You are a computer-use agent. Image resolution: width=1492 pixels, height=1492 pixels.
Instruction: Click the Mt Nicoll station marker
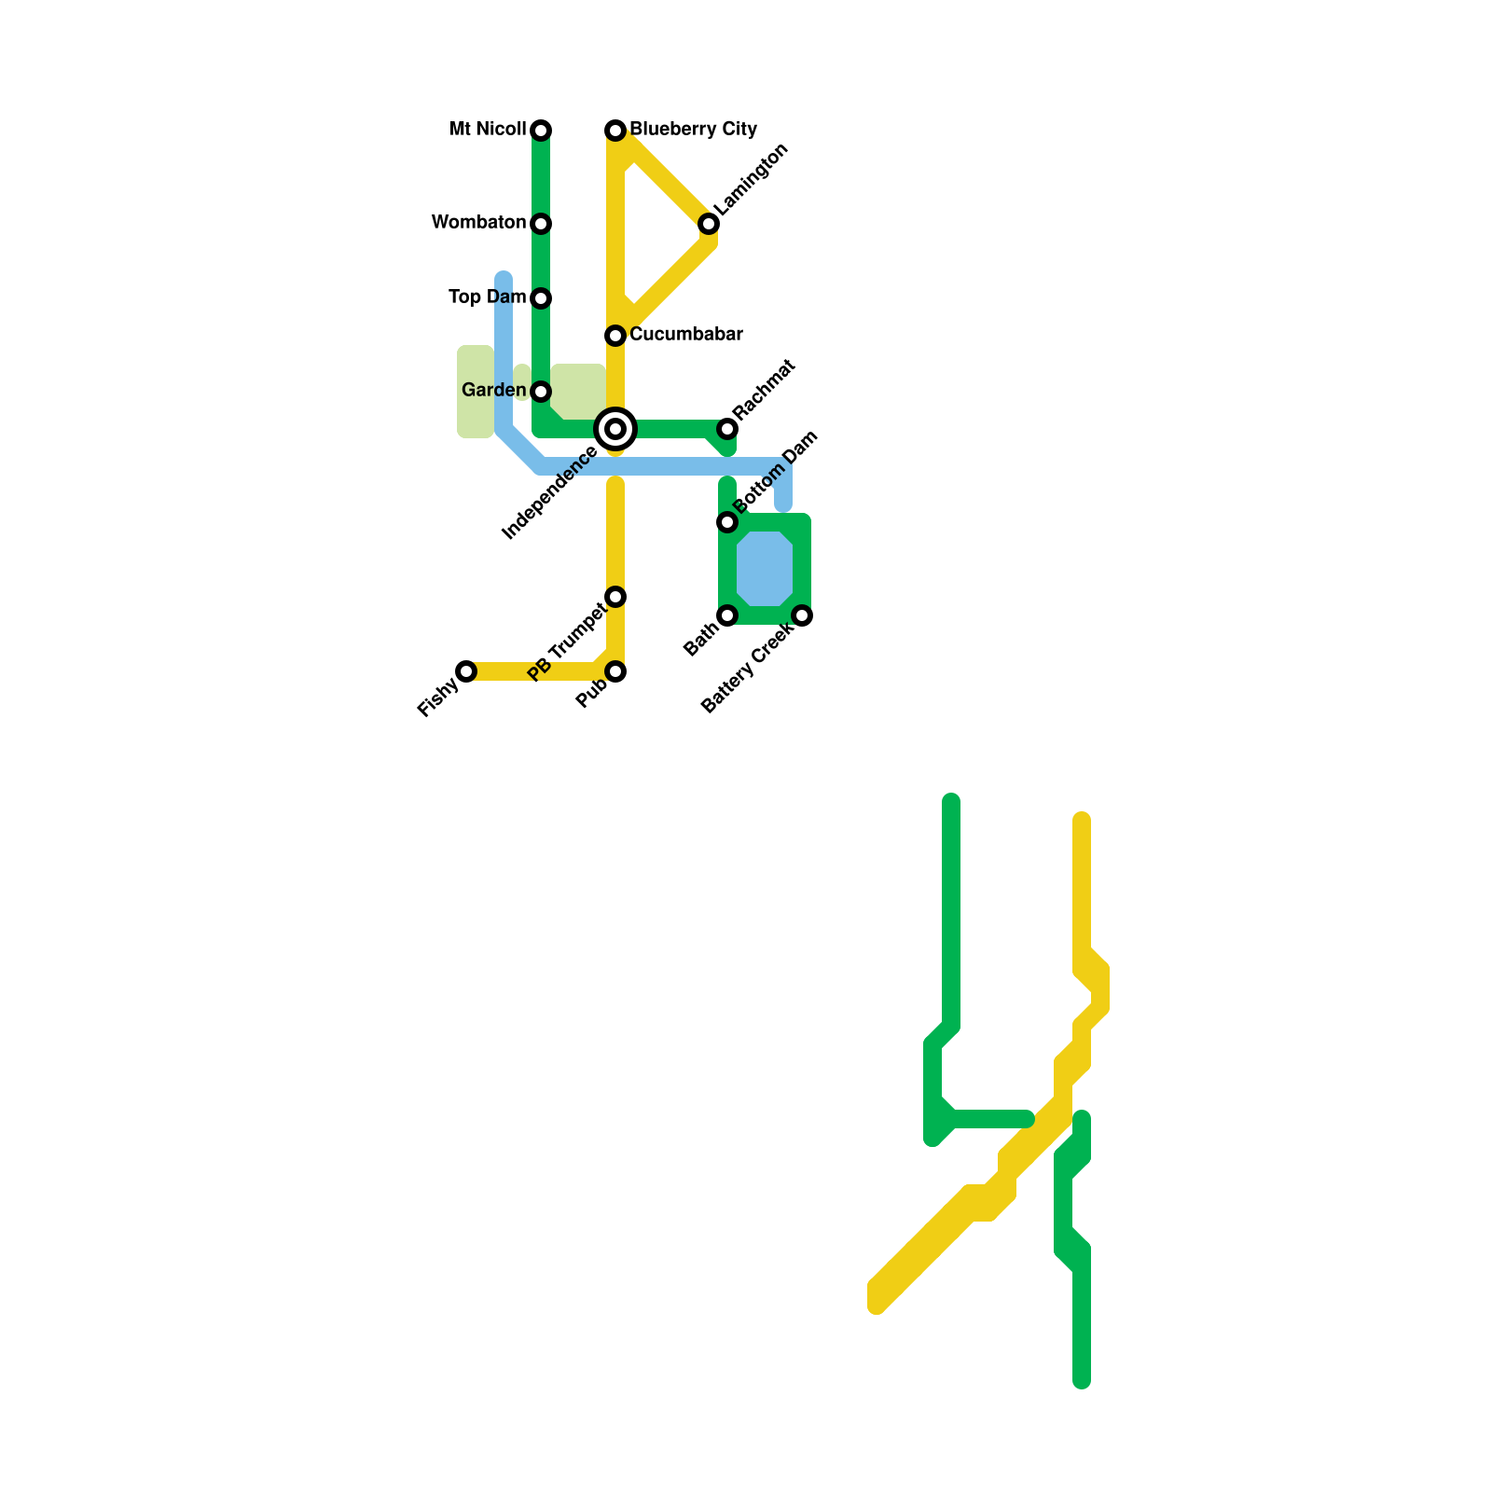[541, 131]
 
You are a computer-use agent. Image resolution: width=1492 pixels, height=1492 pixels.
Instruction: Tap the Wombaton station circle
[541, 224]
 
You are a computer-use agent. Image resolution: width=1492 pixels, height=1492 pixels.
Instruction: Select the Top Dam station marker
[541, 298]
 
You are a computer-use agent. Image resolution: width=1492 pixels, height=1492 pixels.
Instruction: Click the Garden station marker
[541, 392]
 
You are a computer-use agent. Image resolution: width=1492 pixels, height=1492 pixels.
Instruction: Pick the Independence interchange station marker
[615, 429]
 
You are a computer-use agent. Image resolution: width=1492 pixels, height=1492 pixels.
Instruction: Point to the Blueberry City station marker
[615, 131]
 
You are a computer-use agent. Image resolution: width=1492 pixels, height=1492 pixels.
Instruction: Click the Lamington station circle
[709, 224]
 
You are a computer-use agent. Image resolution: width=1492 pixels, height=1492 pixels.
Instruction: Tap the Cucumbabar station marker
[615, 336]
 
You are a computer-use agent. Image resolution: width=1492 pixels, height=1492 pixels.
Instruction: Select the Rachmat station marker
[727, 429]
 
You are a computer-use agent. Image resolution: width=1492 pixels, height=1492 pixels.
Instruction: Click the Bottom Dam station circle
[727, 522]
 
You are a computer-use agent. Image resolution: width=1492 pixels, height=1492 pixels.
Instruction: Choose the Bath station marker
[727, 615]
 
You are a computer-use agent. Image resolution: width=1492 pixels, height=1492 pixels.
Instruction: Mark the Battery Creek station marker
[802, 615]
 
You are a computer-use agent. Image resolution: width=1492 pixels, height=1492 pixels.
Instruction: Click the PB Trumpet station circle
[615, 597]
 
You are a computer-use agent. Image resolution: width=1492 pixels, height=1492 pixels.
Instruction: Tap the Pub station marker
[615, 671]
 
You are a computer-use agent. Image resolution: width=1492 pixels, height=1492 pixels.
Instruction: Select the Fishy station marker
[466, 671]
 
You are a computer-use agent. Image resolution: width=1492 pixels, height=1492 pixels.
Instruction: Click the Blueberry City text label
[693, 129]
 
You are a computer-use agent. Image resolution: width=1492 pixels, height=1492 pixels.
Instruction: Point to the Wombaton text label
[478, 222]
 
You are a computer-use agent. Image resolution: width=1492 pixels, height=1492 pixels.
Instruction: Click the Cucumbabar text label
[685, 334]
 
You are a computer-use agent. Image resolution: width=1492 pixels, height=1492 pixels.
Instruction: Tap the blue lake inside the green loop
[765, 569]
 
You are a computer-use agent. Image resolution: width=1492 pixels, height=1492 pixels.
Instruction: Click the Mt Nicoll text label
[487, 129]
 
